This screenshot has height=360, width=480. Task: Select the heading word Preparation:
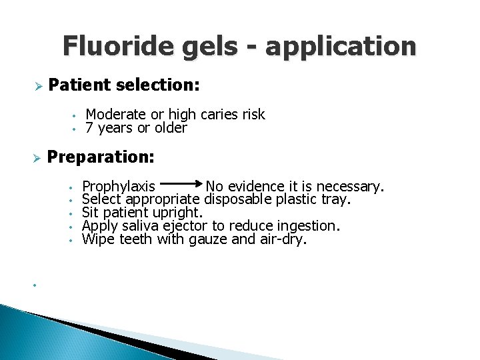[x=101, y=158]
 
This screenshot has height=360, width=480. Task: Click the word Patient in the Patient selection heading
[x=79, y=85]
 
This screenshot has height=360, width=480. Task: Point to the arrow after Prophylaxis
[x=181, y=181]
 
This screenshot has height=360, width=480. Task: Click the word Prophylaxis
[x=119, y=186]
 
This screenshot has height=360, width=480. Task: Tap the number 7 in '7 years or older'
[x=89, y=127]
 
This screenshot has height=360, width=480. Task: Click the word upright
[x=177, y=213]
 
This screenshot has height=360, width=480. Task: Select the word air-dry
[x=283, y=240]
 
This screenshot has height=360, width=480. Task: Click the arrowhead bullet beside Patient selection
[x=38, y=86]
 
